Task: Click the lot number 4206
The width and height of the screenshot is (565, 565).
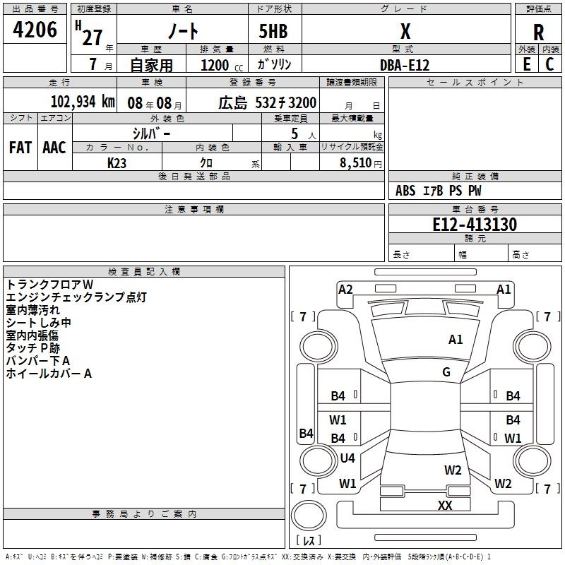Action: [35, 30]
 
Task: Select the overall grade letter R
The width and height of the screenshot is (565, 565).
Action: [539, 32]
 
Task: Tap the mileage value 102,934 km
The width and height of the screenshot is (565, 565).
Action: [83, 102]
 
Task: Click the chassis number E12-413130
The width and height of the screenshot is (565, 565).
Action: [475, 225]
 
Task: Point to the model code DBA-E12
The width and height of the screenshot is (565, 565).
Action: [405, 65]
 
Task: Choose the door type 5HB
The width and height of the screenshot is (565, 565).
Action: [273, 31]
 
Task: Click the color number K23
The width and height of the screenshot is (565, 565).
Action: [117, 163]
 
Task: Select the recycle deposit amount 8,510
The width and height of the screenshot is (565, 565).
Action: [356, 163]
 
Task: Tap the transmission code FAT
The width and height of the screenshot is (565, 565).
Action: [20, 148]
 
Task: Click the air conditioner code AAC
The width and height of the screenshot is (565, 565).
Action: [54, 148]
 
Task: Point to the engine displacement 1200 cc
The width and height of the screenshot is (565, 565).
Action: [222, 65]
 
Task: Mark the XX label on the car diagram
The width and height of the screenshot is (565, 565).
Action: [445, 505]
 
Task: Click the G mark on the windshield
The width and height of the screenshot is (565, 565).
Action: [446, 372]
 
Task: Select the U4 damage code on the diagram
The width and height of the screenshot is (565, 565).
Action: [347, 458]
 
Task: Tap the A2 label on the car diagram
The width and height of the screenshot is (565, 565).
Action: [345, 290]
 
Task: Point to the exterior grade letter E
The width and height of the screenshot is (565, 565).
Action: [527, 64]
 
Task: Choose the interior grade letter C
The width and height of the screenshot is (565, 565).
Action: [549, 64]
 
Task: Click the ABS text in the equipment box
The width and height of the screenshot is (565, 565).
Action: [405, 191]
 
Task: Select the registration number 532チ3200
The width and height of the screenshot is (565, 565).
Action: [286, 102]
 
